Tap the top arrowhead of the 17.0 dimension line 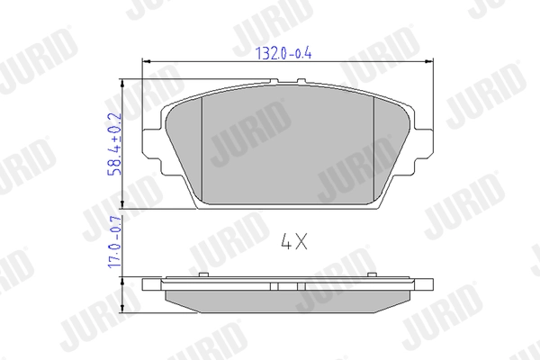[x=121, y=280]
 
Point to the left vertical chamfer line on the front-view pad [x=203, y=148]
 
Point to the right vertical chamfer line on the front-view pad [x=374, y=148]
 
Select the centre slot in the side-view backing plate [x=288, y=285]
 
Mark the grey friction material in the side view [x=288, y=301]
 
